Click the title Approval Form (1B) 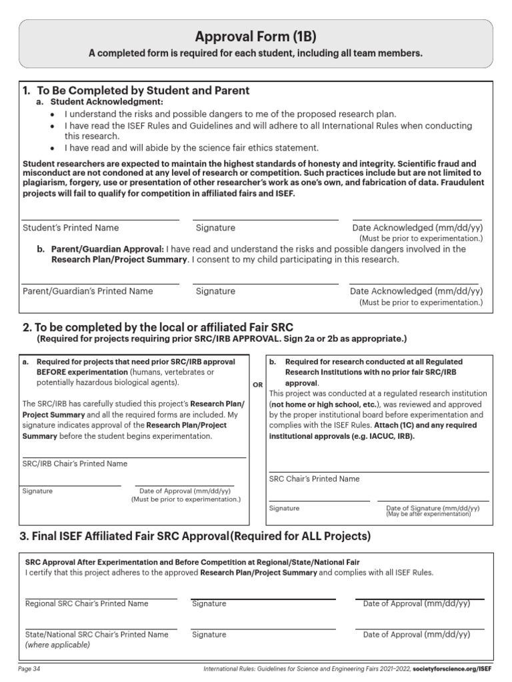point(256,37)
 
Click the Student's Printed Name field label point(71,228)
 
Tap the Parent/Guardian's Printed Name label point(87,291)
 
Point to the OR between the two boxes point(257,385)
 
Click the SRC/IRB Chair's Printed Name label point(75,464)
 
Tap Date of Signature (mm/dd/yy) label point(433,508)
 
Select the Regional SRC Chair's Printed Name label point(87,603)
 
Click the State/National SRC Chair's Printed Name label point(97,635)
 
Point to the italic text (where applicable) point(57,645)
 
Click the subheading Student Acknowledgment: point(107,102)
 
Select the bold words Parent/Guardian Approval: point(107,249)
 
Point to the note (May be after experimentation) point(428,514)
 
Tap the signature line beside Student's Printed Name point(265,219)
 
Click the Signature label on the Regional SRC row point(209,603)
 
